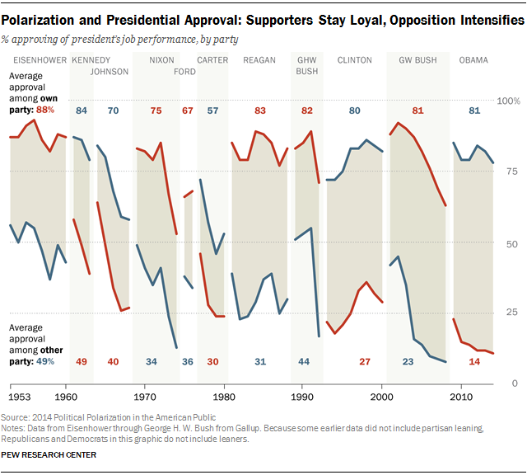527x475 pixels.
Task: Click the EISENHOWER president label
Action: (x=37, y=60)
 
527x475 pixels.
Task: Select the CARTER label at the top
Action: (x=212, y=60)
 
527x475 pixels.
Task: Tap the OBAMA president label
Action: (x=473, y=60)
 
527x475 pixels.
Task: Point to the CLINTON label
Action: (x=355, y=60)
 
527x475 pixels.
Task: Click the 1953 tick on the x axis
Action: (x=21, y=385)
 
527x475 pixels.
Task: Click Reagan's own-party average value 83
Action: (x=260, y=111)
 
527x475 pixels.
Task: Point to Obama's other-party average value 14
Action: (x=474, y=362)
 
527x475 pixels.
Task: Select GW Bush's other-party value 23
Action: (x=408, y=362)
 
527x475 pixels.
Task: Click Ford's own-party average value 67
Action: (x=188, y=111)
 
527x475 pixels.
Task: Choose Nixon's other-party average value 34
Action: (x=152, y=362)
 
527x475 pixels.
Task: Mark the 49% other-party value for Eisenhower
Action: (x=45, y=360)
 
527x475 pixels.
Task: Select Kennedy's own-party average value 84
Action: (x=82, y=111)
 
